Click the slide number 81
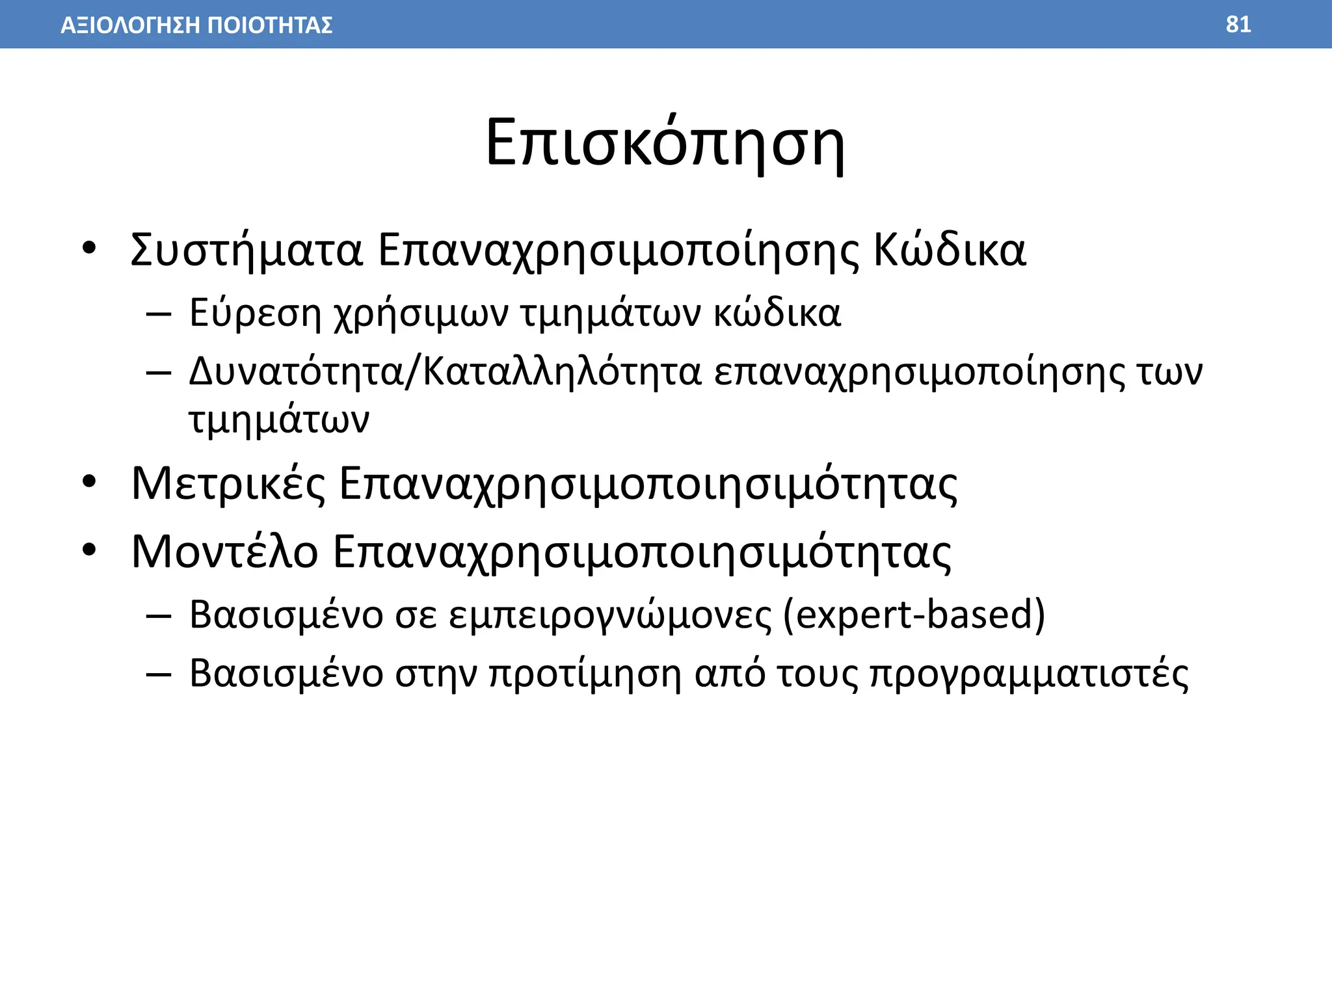click(x=1238, y=25)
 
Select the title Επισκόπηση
click(x=665, y=143)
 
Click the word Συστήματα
click(x=246, y=250)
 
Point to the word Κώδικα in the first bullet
click(x=949, y=250)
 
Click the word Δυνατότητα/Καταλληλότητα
click(x=445, y=373)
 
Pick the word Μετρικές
click(x=228, y=484)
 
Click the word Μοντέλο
click(x=224, y=552)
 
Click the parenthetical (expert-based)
click(x=914, y=614)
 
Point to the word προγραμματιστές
click(x=1029, y=674)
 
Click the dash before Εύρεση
click(x=159, y=314)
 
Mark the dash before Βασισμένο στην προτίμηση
click(x=159, y=674)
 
